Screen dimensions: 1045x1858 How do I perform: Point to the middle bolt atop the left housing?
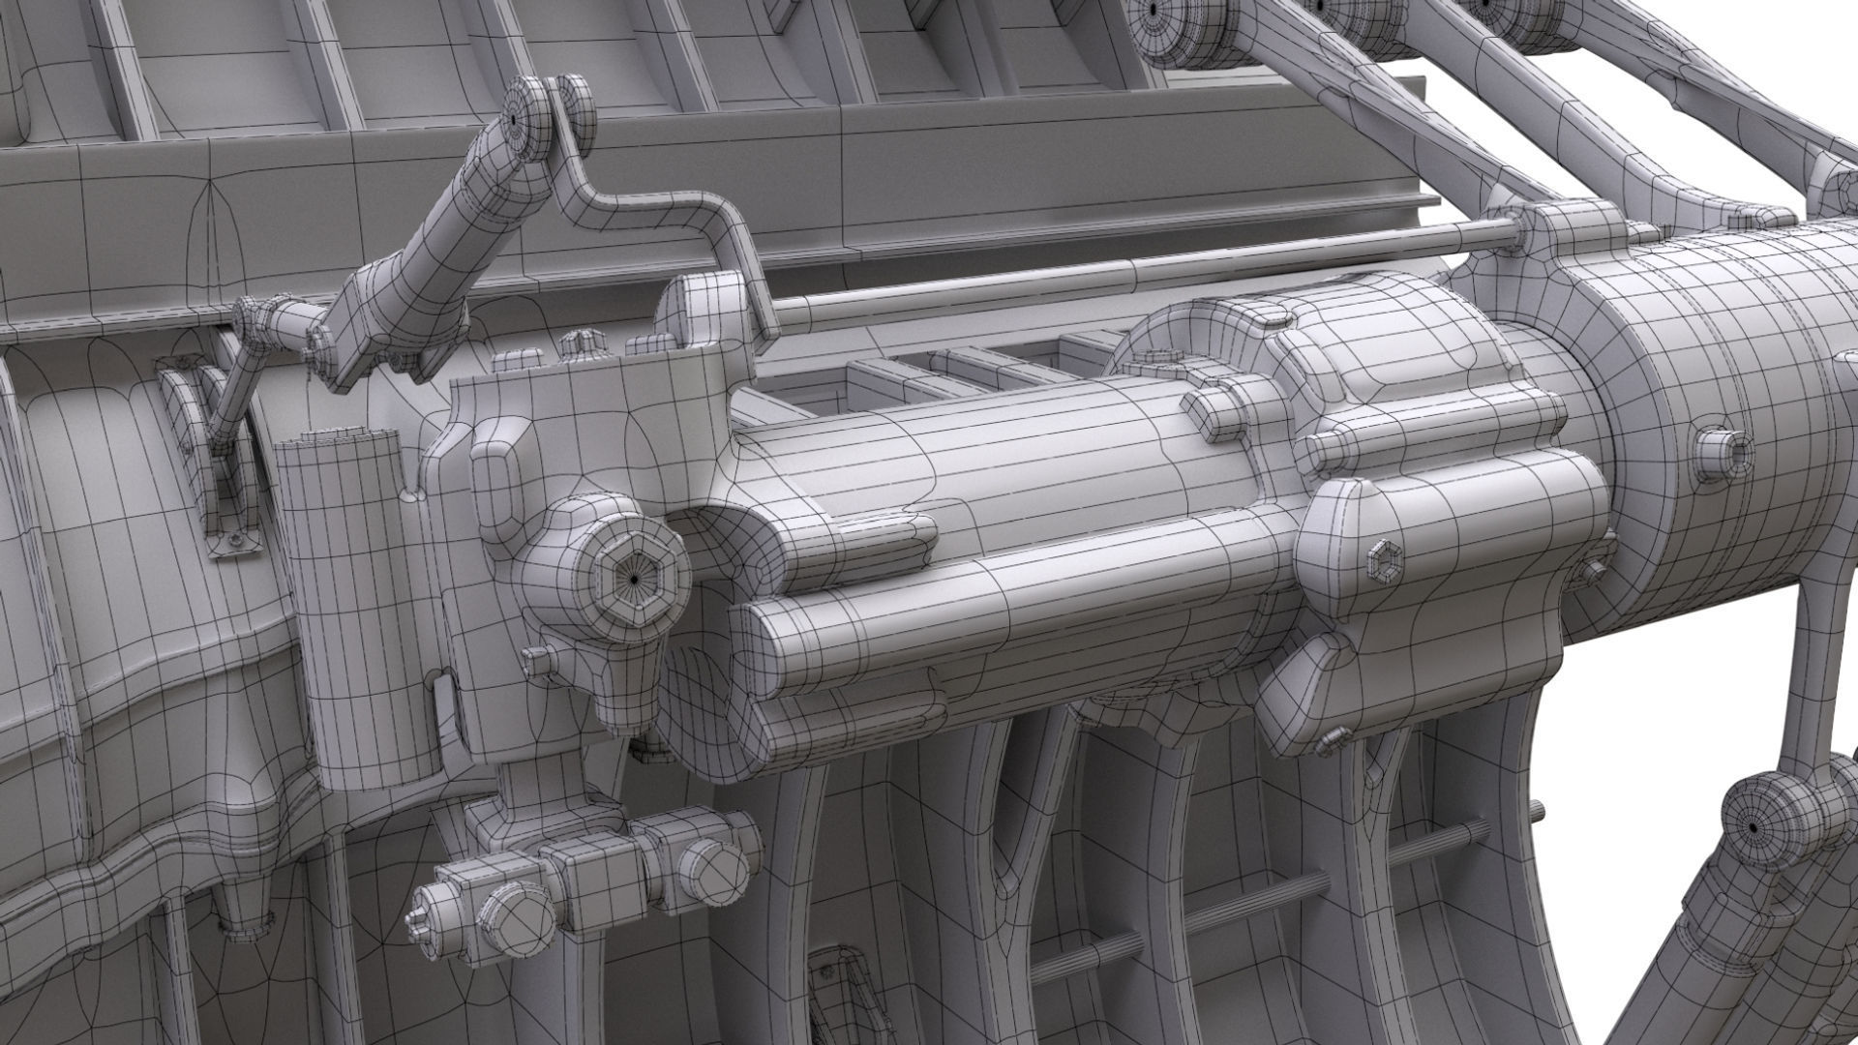pyautogui.click(x=578, y=343)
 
